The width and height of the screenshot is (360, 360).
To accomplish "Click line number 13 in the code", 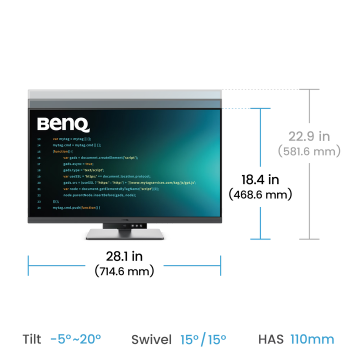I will click(39, 138).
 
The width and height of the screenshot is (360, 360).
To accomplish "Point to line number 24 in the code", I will click(39, 207).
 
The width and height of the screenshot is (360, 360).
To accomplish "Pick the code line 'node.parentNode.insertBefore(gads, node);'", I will click(99, 195).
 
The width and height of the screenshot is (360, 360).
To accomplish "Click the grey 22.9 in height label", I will click(310, 136).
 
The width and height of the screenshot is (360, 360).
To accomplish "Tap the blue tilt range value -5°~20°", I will click(75, 339).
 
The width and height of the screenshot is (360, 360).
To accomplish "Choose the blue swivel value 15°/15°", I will click(203, 339).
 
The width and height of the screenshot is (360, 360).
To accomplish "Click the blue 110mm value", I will click(312, 339).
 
